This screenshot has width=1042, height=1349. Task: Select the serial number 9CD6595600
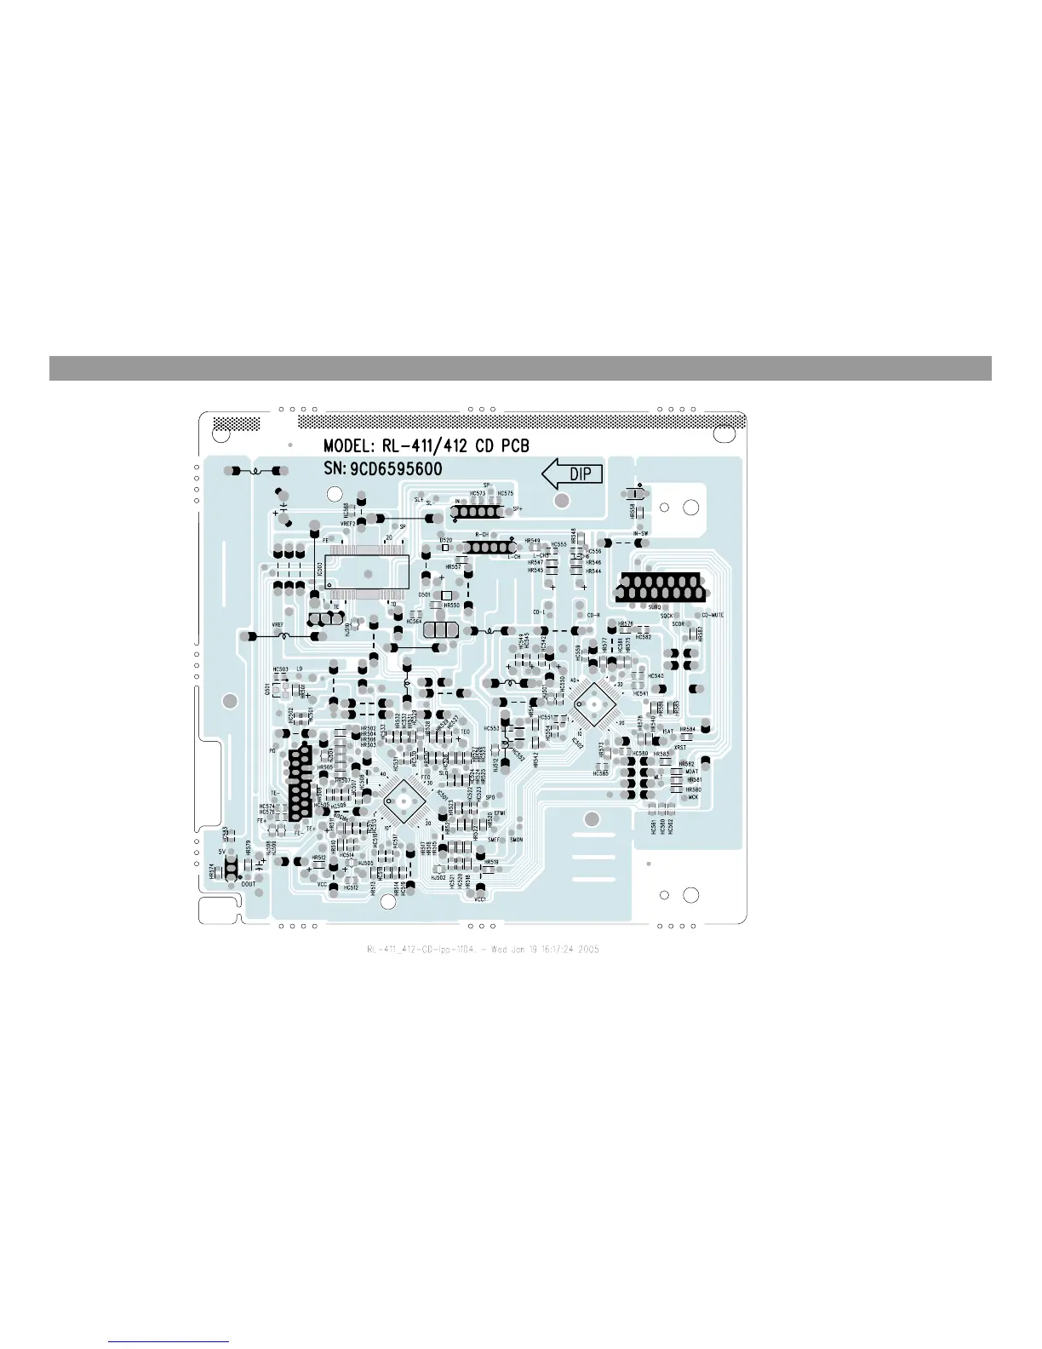point(396,469)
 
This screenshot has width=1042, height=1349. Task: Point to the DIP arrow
point(573,474)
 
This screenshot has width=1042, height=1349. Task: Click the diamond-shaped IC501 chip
point(402,800)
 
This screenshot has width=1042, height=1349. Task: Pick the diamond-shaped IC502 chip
point(592,704)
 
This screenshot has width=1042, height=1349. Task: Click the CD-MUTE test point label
point(712,615)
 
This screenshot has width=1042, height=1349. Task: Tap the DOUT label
point(249,884)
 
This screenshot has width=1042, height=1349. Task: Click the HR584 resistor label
point(687,730)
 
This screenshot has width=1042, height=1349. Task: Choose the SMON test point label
point(516,840)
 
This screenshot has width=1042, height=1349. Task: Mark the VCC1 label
point(480,899)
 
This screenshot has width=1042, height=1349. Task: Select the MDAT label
point(691,772)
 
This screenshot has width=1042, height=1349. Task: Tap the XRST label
point(680,748)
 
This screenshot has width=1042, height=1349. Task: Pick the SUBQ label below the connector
point(655,607)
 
